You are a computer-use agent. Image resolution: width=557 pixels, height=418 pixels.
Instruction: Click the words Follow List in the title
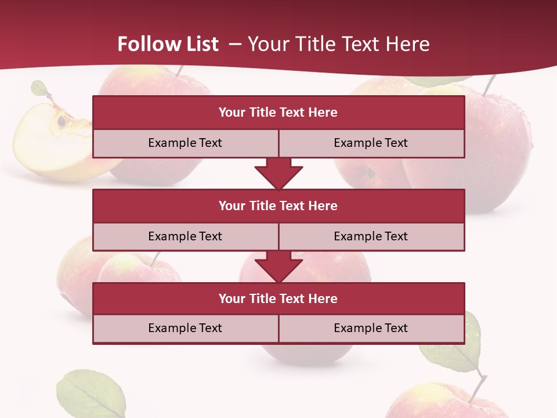(168, 44)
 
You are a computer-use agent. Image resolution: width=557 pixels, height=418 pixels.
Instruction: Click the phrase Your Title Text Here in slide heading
(338, 44)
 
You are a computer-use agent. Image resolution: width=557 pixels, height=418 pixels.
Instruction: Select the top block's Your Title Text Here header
(278, 113)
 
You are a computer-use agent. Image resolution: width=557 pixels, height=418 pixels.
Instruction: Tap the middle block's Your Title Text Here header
(278, 206)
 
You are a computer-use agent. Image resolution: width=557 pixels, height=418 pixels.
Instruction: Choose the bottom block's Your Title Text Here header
(278, 299)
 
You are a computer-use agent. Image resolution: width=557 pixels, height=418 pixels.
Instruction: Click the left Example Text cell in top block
(185, 143)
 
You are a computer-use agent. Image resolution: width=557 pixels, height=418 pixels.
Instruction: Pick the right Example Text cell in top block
(371, 143)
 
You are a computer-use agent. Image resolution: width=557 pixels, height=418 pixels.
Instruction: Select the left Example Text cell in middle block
(185, 237)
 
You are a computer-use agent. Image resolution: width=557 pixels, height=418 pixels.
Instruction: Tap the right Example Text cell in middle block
(371, 237)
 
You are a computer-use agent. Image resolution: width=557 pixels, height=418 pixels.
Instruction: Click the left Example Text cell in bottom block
(185, 329)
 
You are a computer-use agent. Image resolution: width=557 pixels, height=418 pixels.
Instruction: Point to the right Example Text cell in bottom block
(371, 329)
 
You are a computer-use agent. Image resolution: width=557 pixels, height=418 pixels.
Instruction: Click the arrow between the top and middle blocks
(278, 174)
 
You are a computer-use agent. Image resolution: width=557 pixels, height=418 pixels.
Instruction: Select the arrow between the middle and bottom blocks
(278, 266)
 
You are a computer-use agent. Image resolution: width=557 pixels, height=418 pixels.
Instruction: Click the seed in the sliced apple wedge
(61, 121)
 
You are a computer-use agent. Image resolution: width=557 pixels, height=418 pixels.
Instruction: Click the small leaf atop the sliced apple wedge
(39, 89)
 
